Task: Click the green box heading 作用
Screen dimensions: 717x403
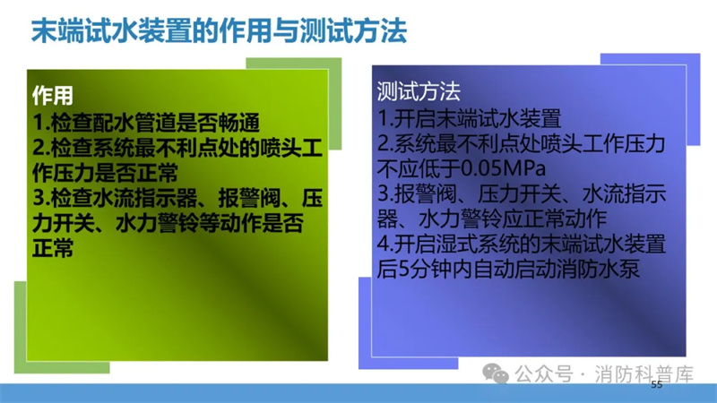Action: [x=53, y=96]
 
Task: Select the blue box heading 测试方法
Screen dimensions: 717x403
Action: [x=419, y=91]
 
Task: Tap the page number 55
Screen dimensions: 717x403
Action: [x=657, y=385]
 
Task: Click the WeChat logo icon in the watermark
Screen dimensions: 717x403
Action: [x=496, y=373]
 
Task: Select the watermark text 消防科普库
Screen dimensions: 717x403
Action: [x=644, y=374]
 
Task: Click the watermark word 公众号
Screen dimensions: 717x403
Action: [x=544, y=374]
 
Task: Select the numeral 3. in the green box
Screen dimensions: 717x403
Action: [x=41, y=198]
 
